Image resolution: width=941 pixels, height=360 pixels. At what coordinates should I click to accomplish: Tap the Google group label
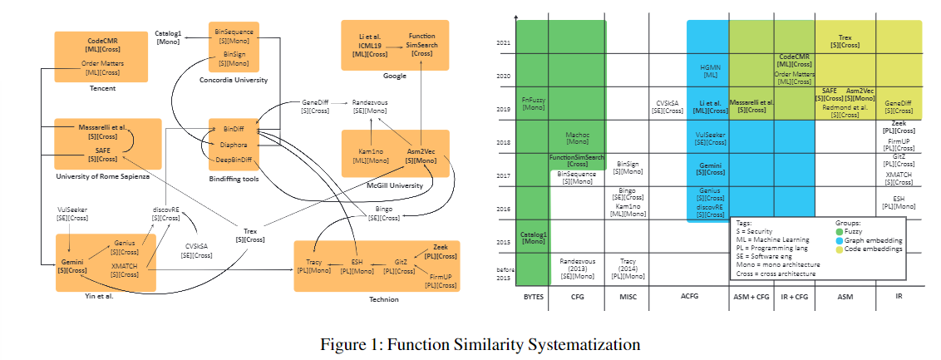(394, 76)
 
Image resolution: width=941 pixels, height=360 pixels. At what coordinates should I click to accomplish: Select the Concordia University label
(234, 80)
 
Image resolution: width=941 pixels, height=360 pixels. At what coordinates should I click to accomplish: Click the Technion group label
(383, 298)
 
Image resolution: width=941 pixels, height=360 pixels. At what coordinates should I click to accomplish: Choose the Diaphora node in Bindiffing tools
(234, 144)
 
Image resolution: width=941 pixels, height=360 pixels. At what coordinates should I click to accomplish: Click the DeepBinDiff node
(233, 158)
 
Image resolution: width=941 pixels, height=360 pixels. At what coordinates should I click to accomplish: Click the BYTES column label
(533, 296)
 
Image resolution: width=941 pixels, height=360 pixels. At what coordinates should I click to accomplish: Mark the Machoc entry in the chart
(577, 136)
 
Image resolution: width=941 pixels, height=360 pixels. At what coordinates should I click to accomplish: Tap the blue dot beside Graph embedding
(840, 240)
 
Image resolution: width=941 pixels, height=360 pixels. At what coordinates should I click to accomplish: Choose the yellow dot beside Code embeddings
(840, 249)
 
